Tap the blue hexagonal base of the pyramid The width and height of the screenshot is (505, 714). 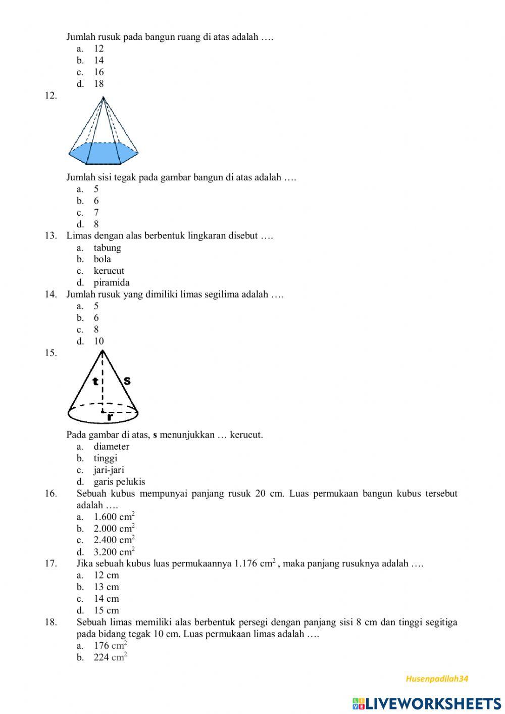point(103,153)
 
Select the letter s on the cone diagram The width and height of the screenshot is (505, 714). point(127,380)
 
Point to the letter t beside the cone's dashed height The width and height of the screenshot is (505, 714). point(95,382)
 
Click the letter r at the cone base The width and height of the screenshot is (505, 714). point(110,417)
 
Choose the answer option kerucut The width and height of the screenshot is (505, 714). point(109,271)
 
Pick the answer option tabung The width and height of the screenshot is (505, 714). point(107,248)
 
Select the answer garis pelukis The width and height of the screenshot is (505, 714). point(119,482)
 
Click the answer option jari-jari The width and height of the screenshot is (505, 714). point(109,470)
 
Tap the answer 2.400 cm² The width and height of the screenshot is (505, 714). point(114,540)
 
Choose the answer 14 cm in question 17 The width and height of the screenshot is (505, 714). point(106,598)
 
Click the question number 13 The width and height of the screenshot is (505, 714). point(50,235)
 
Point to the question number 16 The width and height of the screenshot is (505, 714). point(50,493)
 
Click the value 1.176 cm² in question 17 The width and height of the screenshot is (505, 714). point(255,563)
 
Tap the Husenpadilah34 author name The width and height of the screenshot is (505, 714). point(437,679)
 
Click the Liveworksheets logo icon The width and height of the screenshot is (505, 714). point(359,703)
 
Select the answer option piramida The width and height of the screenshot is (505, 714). point(112,282)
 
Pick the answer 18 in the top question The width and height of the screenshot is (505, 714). point(98,84)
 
